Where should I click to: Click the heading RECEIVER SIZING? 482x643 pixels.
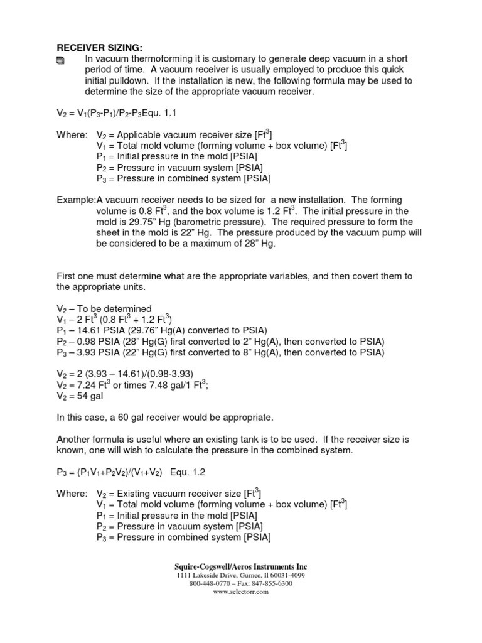point(100,48)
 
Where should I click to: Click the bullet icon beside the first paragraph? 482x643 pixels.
point(62,60)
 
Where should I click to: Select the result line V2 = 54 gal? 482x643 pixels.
point(80,397)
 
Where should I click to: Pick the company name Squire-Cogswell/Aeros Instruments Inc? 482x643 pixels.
point(240,566)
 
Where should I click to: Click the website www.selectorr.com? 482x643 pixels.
point(240,592)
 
